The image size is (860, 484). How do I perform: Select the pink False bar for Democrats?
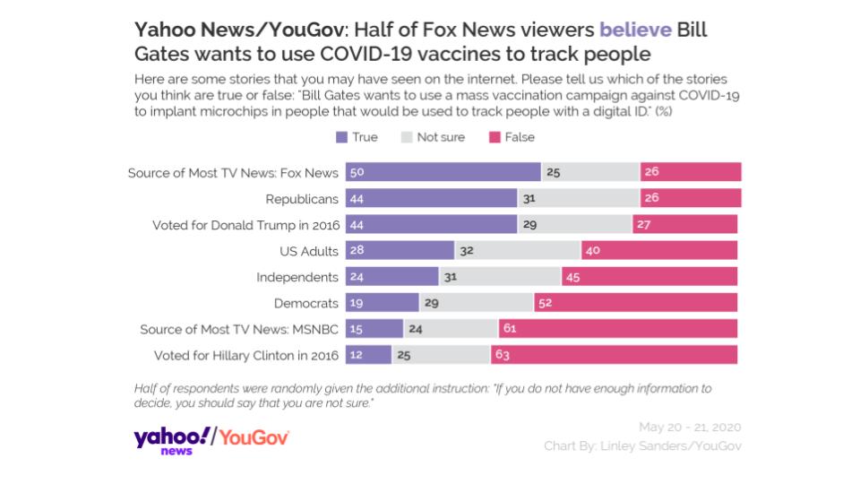636,303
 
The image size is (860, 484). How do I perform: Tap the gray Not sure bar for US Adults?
518,250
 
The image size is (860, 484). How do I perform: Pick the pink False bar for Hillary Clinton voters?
615,355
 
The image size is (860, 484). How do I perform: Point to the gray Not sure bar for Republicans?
579,198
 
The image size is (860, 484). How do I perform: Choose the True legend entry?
357,137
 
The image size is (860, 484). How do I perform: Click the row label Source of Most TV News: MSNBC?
239,329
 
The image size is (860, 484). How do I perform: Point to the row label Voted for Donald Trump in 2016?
245,225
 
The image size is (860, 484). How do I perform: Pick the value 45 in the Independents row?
573,277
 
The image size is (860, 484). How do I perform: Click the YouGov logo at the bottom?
254,437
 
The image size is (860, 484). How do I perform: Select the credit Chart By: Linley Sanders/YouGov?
642,445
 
